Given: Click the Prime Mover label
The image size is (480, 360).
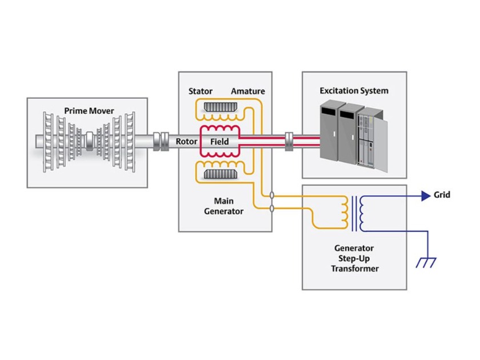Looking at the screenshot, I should [x=89, y=110].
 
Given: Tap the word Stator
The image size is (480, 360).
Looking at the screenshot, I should [x=201, y=91].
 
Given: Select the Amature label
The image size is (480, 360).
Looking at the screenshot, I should [x=248, y=91].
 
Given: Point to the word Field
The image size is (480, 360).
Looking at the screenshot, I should [x=219, y=142].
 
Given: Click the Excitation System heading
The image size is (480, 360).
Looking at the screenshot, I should [x=354, y=90].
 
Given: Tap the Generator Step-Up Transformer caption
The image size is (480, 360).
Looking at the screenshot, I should [x=354, y=258].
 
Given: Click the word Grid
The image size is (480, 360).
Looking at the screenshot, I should [x=442, y=195].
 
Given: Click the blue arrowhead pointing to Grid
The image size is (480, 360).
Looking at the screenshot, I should [x=425, y=195].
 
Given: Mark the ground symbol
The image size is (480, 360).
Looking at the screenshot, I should [x=426, y=262].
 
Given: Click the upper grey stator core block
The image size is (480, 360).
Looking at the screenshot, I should [x=221, y=108].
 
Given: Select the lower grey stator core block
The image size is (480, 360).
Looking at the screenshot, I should [x=221, y=174].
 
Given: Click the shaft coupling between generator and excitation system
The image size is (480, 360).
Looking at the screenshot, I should [x=289, y=141].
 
